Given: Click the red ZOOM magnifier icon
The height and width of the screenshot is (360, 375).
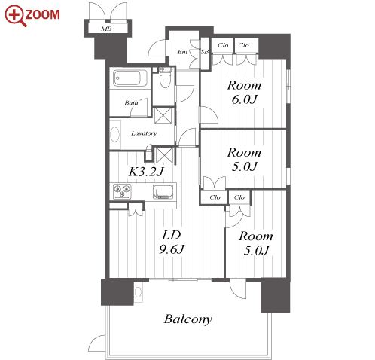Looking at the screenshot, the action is (16, 16).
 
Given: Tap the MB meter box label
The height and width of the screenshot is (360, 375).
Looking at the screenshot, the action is (106, 29).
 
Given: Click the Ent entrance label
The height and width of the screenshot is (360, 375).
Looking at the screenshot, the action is (182, 52).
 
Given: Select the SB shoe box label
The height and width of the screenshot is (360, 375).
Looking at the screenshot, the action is (205, 51).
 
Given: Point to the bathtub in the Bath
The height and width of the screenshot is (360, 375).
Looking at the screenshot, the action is (130, 78).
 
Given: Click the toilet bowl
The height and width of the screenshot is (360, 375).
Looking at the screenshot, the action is (165, 79).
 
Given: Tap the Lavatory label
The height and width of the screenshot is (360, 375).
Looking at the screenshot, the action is (144, 133).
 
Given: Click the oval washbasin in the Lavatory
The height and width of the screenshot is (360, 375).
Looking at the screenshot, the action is (115, 135).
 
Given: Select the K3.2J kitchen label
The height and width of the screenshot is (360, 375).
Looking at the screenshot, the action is (146, 172).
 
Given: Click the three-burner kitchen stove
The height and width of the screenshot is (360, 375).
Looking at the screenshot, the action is (122, 191).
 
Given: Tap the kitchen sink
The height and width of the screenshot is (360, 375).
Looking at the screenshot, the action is (163, 192).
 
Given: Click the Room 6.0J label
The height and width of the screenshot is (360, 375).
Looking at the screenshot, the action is (244, 93).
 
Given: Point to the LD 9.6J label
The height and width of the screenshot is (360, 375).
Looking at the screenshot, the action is (172, 242).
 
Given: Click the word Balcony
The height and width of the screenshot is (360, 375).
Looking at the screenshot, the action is (188, 319).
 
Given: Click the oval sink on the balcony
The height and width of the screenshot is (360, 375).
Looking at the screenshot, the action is (138, 291).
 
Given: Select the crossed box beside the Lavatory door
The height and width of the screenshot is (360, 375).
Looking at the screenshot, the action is (163, 115).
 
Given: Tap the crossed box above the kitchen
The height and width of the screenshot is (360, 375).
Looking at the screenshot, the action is (164, 155).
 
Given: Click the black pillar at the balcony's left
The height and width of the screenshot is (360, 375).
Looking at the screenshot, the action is (117, 291).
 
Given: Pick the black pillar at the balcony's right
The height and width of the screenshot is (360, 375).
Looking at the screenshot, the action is (276, 296).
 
